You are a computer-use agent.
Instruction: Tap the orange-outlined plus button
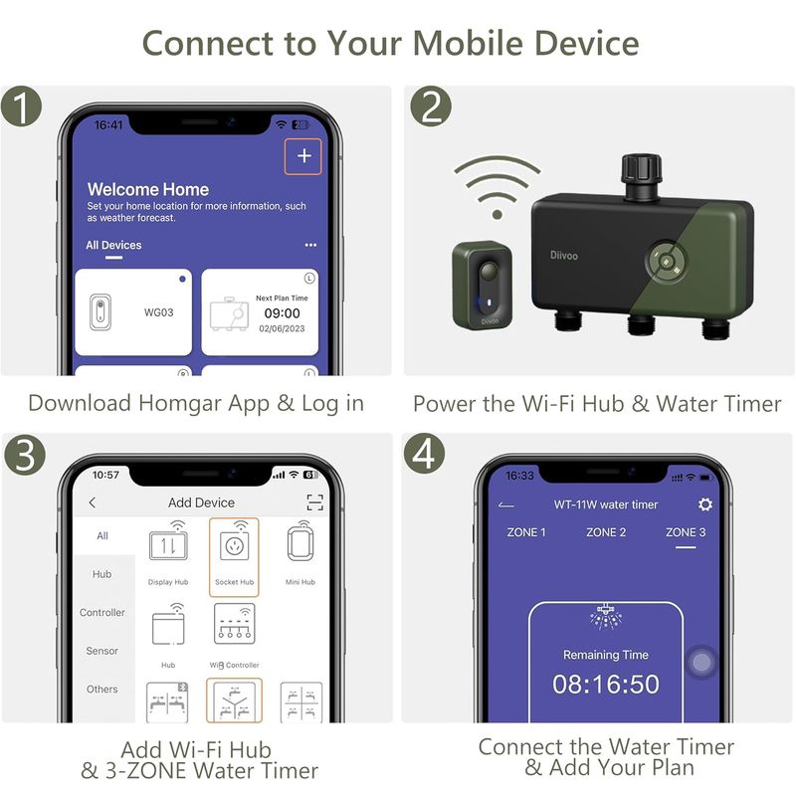pos(303,156)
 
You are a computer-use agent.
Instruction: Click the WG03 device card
pos(133,311)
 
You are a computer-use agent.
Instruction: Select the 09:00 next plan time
pos(282,313)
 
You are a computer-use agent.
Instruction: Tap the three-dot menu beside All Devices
pos(310,245)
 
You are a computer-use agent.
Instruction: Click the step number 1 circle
pos(21,106)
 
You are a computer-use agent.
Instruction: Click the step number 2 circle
pos(431,106)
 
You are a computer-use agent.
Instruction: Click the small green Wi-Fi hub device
pos(483,285)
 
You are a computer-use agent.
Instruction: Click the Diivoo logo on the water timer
pos(564,255)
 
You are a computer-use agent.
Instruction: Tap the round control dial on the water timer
pos(667,262)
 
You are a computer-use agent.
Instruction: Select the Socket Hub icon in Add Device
pos(234,557)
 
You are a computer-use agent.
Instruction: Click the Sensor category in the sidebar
pos(102,651)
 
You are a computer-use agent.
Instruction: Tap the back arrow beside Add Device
pos(92,502)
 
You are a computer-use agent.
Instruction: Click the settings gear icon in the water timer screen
pos(705,504)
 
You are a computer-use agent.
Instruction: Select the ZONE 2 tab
pos(606,532)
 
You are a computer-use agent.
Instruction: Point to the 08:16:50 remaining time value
pos(606,684)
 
